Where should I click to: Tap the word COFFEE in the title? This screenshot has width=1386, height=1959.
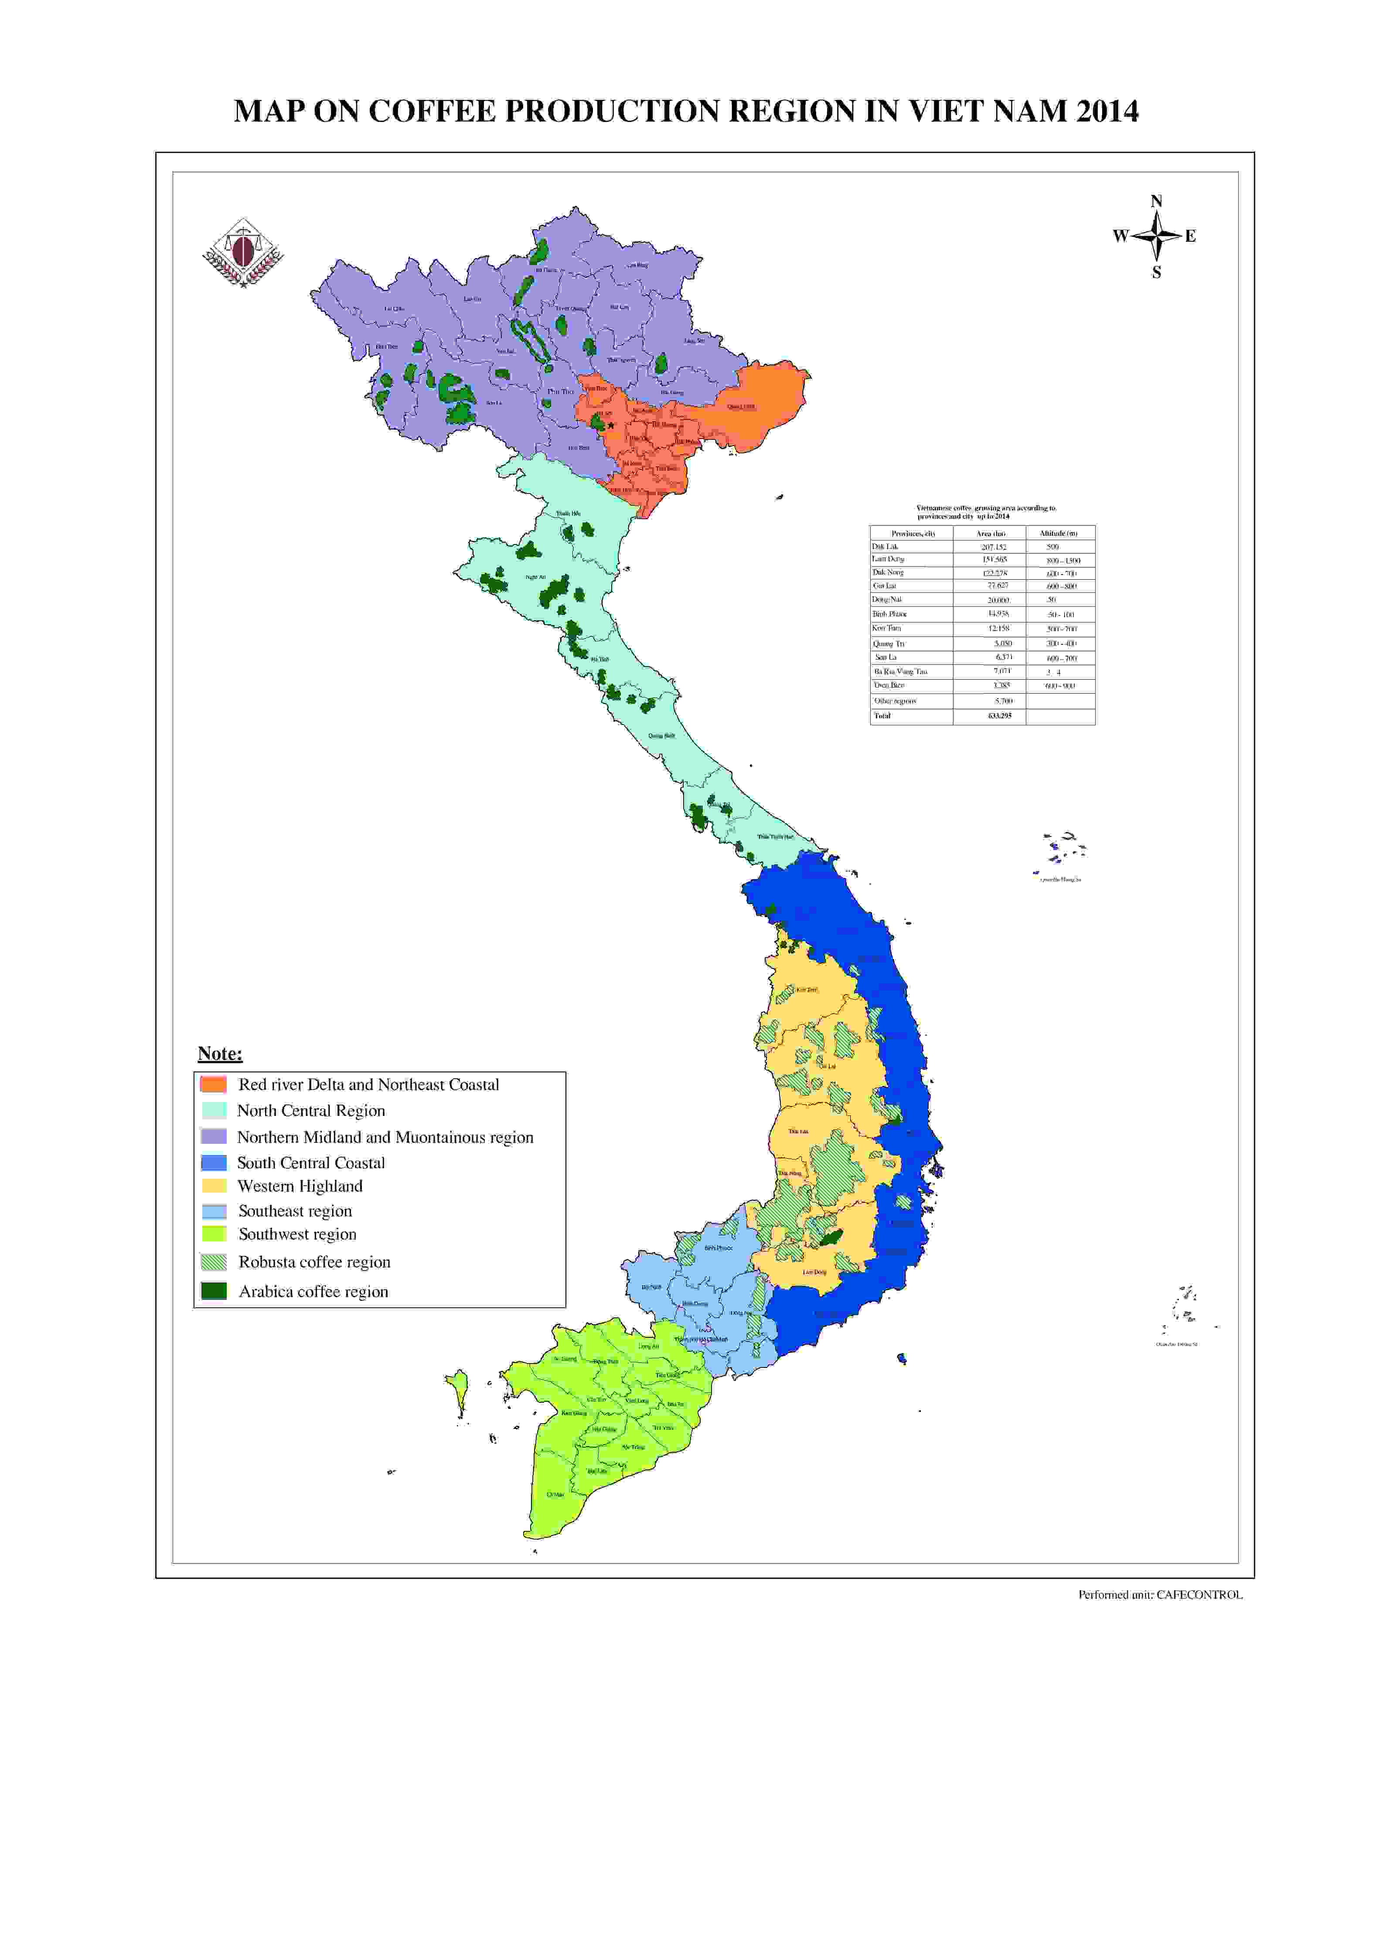pos(432,112)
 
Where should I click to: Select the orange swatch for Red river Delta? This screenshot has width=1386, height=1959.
pos(213,1085)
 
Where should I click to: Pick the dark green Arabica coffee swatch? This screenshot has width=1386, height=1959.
pos(213,1291)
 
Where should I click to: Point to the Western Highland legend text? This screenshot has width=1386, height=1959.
pos(300,1186)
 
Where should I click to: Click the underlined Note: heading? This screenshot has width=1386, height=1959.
pos(220,1054)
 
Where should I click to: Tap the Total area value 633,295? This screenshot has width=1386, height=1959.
pos(999,716)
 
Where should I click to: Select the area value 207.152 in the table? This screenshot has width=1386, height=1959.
pos(994,547)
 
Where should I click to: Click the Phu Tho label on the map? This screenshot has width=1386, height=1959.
pos(561,391)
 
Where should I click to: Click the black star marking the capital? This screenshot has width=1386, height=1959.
pos(611,426)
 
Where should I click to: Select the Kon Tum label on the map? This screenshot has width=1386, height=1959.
pos(807,990)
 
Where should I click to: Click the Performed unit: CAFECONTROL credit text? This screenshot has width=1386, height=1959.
pos(1160,1595)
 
